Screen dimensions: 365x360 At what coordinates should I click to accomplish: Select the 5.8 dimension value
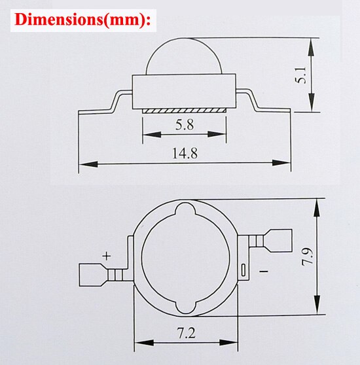(x=184, y=122)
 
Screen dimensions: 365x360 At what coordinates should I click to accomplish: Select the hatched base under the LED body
(x=184, y=111)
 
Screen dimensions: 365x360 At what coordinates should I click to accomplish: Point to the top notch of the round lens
(x=185, y=213)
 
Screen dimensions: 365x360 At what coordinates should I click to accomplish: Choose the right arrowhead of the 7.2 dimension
(x=230, y=343)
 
